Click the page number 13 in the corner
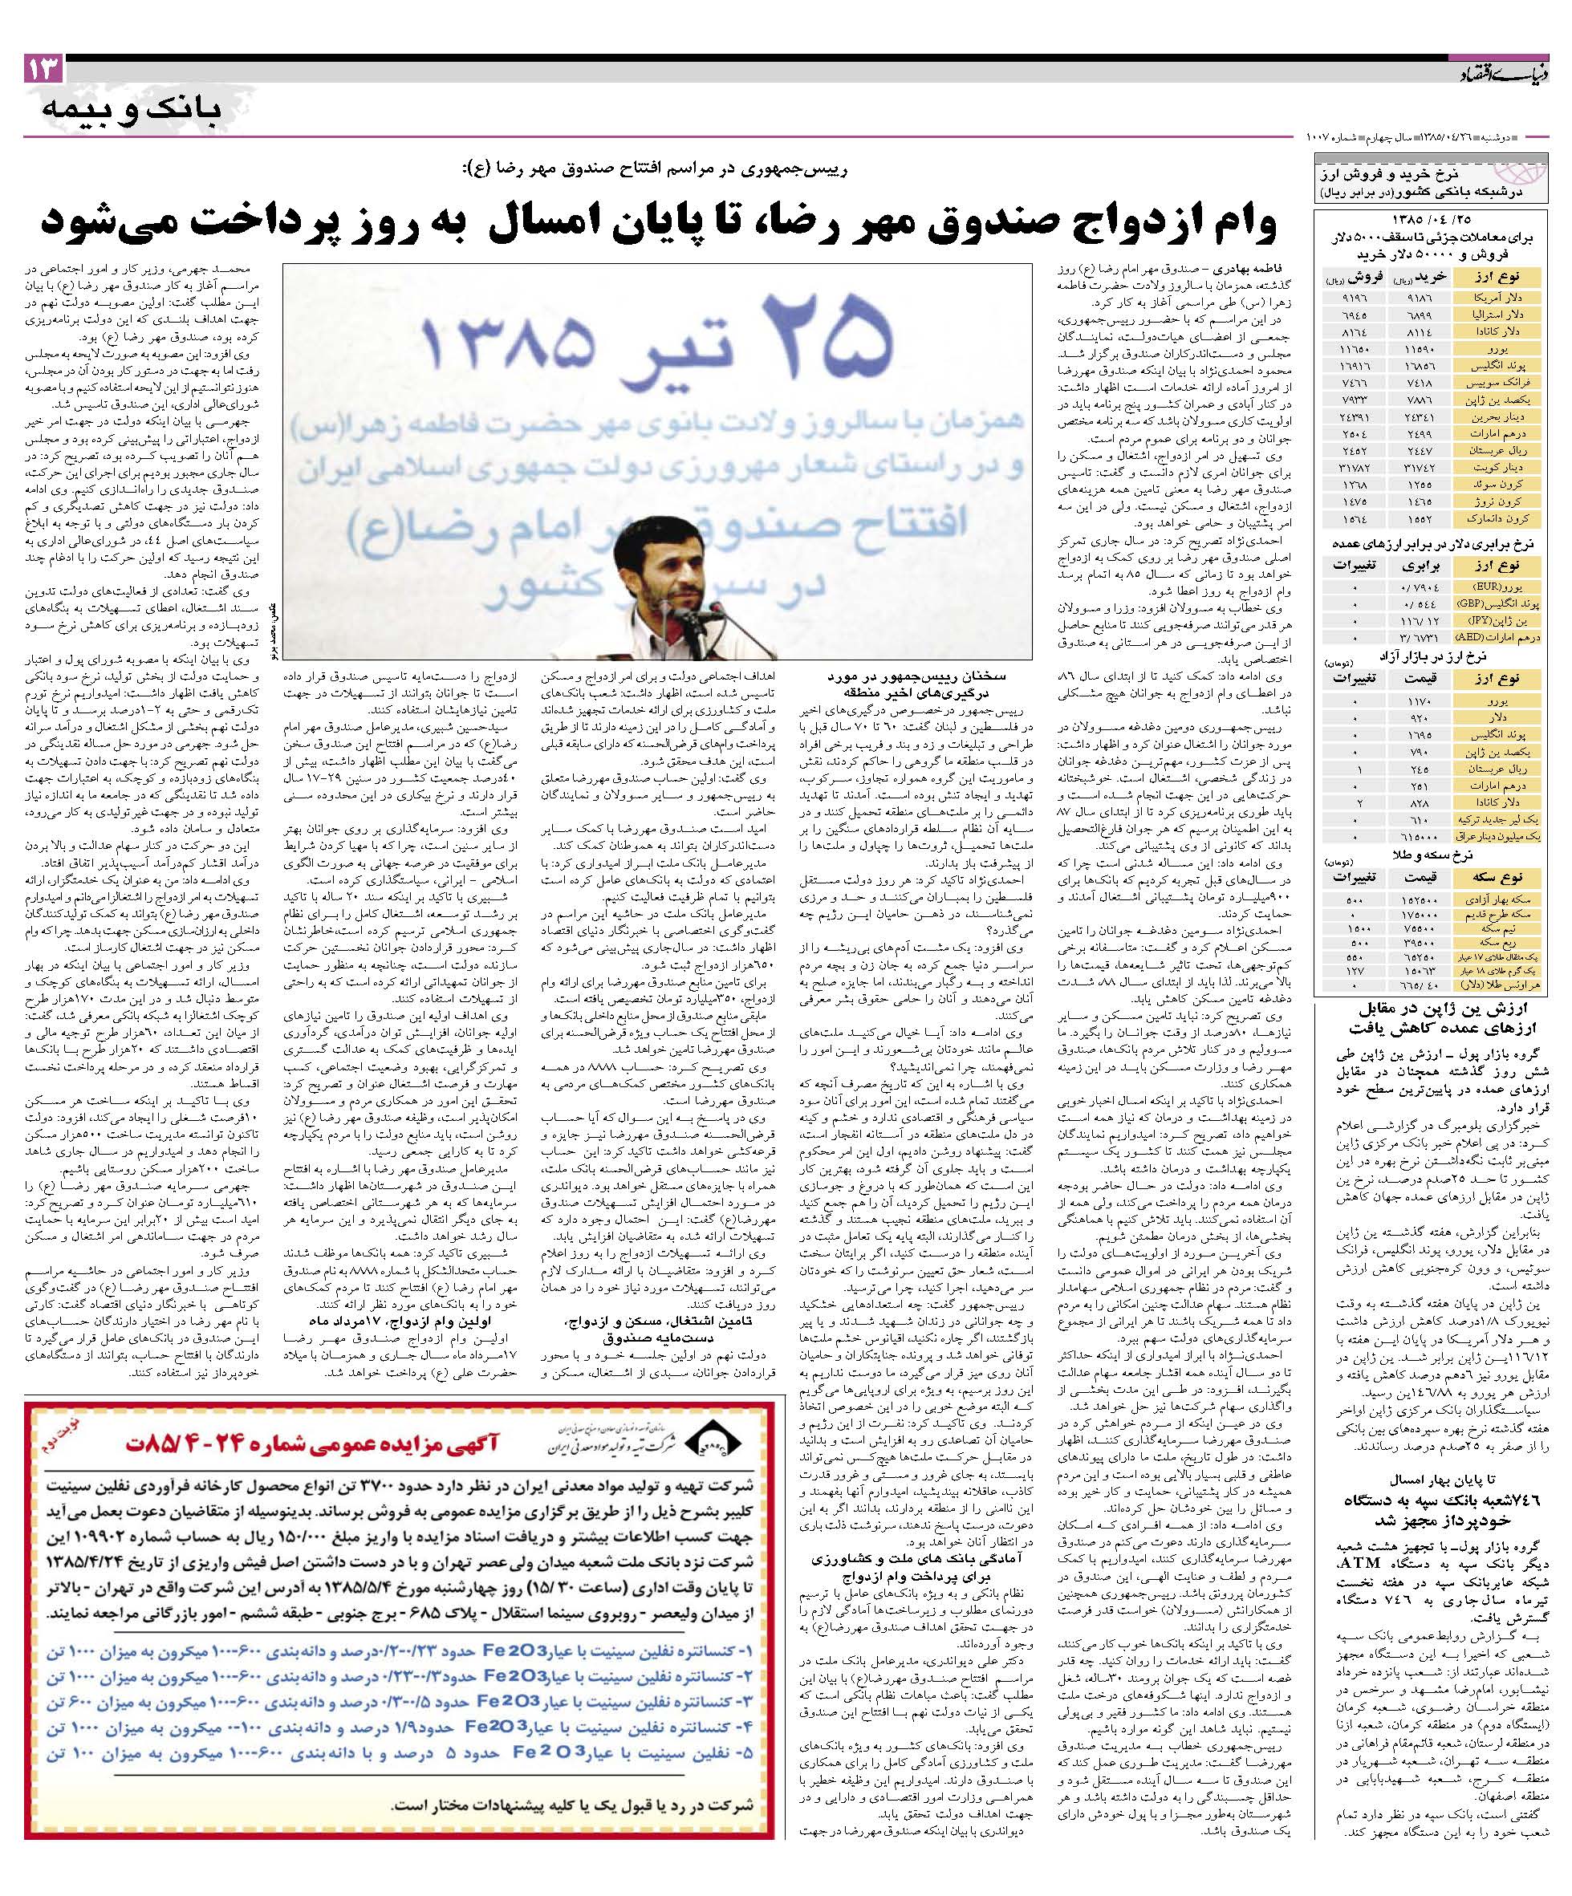(44, 70)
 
